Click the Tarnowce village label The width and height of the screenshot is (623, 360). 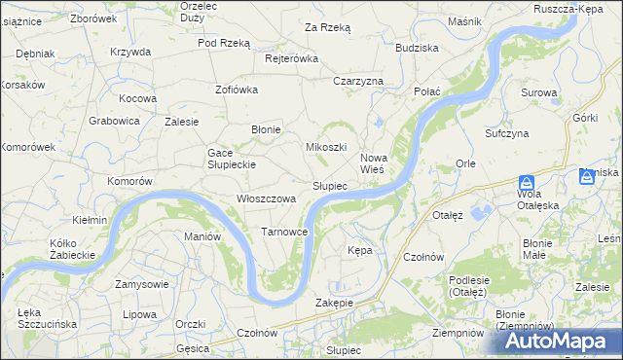[x=285, y=232]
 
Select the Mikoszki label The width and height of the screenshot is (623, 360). [x=327, y=147]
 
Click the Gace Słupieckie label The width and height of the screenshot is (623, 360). [x=231, y=159]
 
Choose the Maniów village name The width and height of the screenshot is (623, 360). [x=203, y=236]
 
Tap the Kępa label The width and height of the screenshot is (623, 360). [x=360, y=250]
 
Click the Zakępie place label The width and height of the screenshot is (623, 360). [x=334, y=303]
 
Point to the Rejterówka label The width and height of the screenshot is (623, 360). [x=292, y=58]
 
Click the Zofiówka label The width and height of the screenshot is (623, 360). [x=236, y=90]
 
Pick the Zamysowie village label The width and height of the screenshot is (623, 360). [x=141, y=284]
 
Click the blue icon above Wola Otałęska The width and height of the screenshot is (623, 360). [x=526, y=182]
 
